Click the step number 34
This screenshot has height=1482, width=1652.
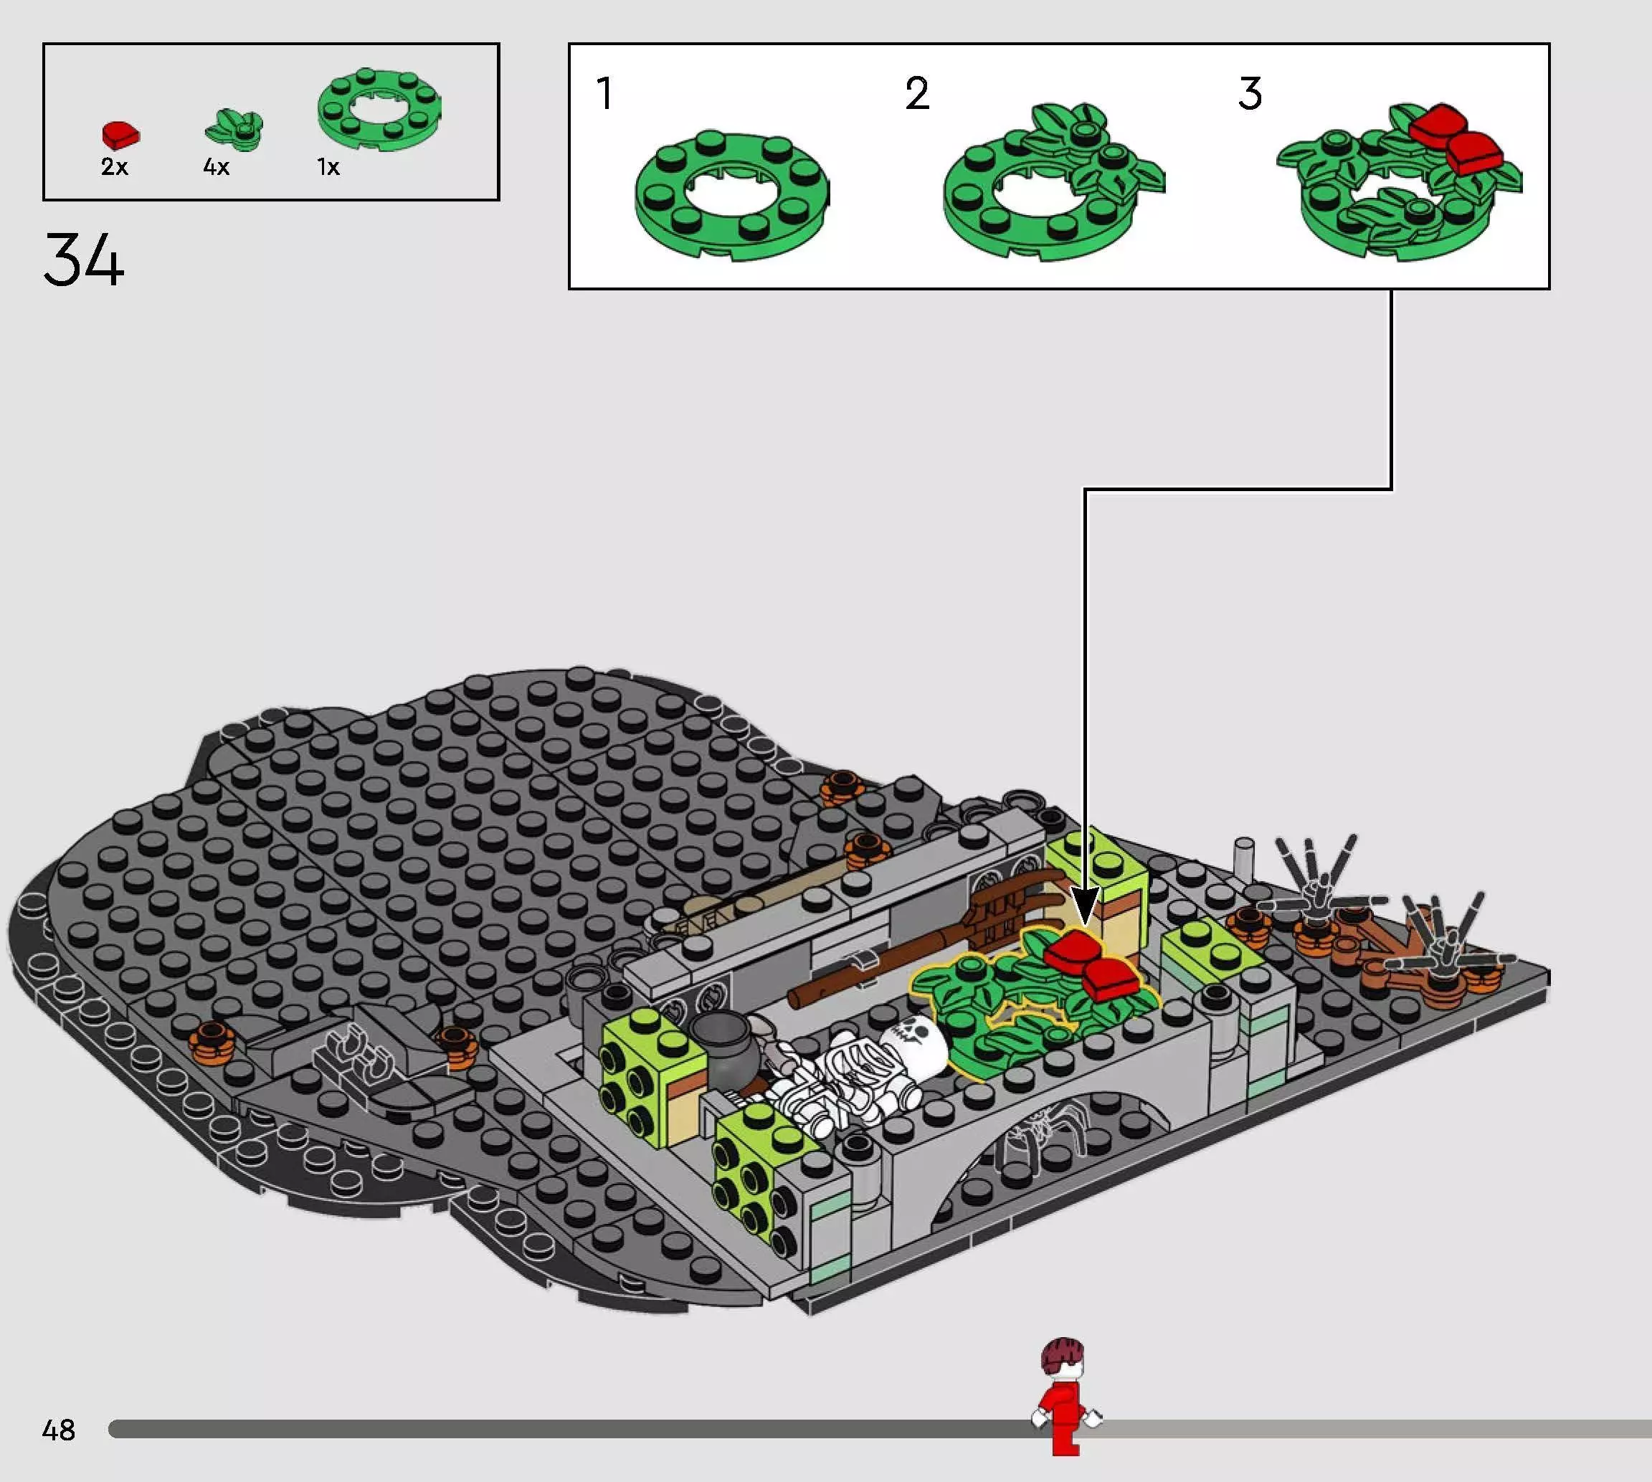tap(84, 259)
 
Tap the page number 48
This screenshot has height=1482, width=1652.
tap(59, 1430)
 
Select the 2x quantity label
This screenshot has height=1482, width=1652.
tap(115, 167)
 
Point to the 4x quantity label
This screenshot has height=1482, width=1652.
tap(217, 167)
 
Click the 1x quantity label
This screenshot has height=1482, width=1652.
tap(328, 167)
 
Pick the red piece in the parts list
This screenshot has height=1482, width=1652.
tap(120, 134)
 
